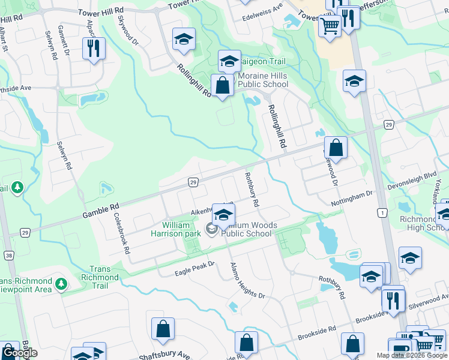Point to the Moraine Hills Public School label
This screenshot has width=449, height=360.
pyautogui.click(x=262, y=80)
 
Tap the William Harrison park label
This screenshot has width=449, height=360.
pyautogui.click(x=175, y=229)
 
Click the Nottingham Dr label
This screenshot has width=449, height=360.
pyautogui.click(x=352, y=199)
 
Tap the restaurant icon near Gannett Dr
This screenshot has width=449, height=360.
pyautogui.click(x=93, y=48)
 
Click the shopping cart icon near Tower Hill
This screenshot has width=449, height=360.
pyautogui.click(x=330, y=25)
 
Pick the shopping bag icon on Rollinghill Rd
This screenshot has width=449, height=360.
pyautogui.click(x=222, y=85)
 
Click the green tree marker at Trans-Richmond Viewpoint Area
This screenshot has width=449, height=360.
pyautogui.click(x=61, y=283)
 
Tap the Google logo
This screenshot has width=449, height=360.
pyautogui.click(x=20, y=353)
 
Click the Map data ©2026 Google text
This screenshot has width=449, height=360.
pyautogui.click(x=412, y=355)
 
